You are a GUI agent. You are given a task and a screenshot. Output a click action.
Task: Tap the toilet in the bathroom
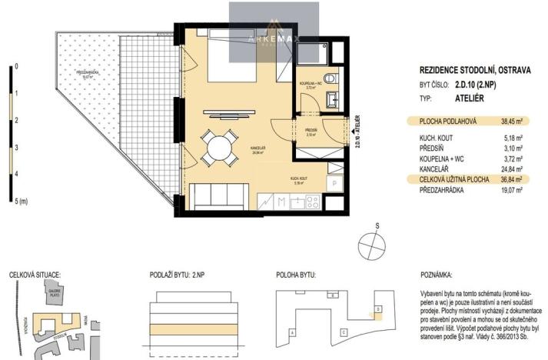(x=330, y=78)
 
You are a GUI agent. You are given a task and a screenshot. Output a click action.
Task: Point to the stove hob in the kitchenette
(x=312, y=202)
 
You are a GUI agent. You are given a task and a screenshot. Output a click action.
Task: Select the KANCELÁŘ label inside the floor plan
(x=258, y=148)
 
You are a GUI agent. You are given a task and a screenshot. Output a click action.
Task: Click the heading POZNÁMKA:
(x=437, y=274)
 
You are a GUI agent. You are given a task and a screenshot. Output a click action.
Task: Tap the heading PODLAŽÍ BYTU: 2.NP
(x=177, y=274)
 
